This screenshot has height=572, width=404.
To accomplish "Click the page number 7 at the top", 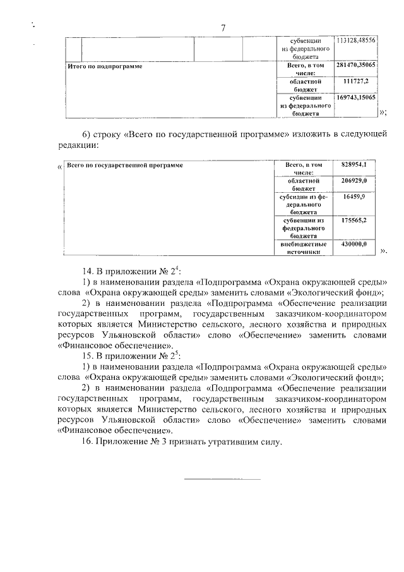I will [x=223, y=27].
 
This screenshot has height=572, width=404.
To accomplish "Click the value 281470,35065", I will [x=356, y=65].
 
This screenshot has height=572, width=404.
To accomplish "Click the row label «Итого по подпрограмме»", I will [x=105, y=66].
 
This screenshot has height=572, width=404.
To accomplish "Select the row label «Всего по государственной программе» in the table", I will [x=125, y=164].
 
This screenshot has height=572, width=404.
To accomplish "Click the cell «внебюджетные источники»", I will [x=303, y=247].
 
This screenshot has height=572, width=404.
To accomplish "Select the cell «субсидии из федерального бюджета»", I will [x=303, y=205].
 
